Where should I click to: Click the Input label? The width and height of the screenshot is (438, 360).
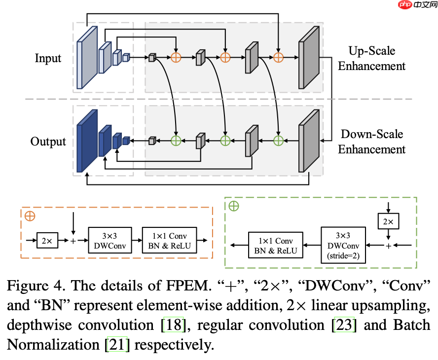point(48,58)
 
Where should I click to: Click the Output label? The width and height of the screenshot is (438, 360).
point(48,142)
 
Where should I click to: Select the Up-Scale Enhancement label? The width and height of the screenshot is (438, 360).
point(371,58)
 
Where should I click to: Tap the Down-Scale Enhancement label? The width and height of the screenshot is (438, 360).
point(371,142)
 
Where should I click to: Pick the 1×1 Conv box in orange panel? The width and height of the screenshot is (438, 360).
point(169,240)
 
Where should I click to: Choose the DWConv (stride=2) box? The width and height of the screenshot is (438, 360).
point(343,245)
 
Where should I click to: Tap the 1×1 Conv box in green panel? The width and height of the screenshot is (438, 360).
point(276,245)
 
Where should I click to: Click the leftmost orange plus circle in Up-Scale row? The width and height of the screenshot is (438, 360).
point(176,58)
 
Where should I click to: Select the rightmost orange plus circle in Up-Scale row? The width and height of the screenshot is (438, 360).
point(279,58)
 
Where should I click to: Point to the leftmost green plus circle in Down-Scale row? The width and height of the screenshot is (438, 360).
point(176,141)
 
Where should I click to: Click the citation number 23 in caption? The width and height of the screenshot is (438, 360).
point(344,325)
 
